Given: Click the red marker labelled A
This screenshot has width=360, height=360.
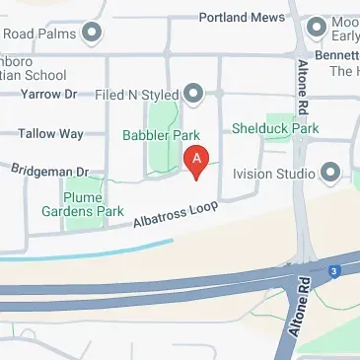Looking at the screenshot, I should (197, 160).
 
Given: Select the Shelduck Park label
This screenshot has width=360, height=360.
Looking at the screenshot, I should (275, 128).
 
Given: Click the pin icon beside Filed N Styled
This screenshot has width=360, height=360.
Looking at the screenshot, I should (193, 95).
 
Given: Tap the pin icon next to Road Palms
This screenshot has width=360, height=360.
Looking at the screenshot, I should (93, 36).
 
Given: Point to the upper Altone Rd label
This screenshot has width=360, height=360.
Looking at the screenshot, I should (302, 89).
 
